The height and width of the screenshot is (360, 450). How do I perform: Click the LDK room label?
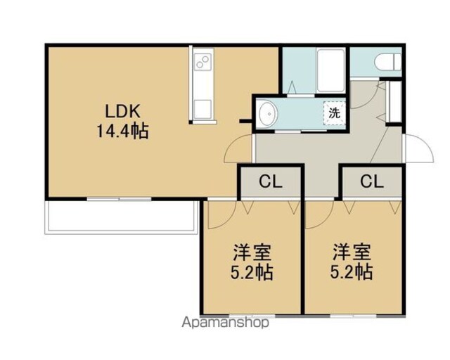122,111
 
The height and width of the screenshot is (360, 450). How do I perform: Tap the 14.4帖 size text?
122,131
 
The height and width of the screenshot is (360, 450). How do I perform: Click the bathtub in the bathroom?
330,70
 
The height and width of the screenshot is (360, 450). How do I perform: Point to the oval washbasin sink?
269,114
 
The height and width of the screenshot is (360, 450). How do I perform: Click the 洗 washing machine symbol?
335,112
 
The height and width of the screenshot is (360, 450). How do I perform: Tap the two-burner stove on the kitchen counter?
203,63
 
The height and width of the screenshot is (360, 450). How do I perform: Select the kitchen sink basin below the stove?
203,109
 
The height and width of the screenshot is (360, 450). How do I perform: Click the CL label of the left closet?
271,181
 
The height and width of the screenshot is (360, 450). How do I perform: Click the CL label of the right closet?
372,181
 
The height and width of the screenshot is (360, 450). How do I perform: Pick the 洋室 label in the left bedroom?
252,252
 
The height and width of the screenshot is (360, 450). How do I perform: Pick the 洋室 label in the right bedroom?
352,252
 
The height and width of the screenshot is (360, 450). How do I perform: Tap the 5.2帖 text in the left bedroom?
252,272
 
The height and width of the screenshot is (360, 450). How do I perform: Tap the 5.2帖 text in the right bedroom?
352,272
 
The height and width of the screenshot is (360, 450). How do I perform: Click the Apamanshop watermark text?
226,323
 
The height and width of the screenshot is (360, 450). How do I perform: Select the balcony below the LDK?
122,217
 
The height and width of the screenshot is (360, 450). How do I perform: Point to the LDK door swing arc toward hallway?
230,143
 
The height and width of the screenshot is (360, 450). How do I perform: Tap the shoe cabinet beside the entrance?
394,102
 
